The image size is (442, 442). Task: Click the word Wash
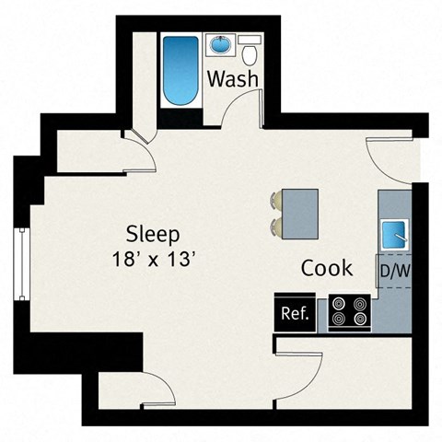point(231,79)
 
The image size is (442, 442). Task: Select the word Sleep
point(152,233)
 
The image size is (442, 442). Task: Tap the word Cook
point(327,268)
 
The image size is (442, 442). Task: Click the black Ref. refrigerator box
point(295,313)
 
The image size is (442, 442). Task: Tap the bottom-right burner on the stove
point(358,320)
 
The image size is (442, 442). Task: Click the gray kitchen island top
point(300,213)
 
